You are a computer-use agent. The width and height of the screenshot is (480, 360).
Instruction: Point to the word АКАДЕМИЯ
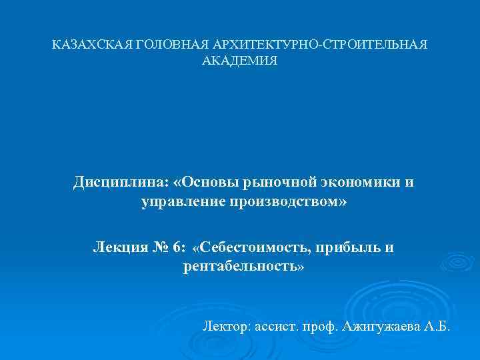pyautogui.click(x=240, y=61)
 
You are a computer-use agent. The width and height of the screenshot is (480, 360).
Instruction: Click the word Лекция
pyautogui.click(x=117, y=247)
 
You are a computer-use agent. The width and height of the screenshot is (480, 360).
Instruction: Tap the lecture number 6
pyautogui.click(x=177, y=247)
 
